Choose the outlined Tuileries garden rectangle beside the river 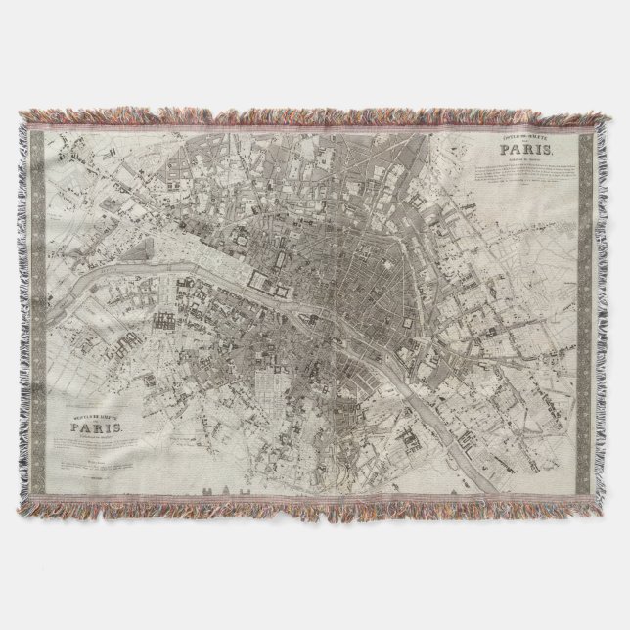click(264, 283)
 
